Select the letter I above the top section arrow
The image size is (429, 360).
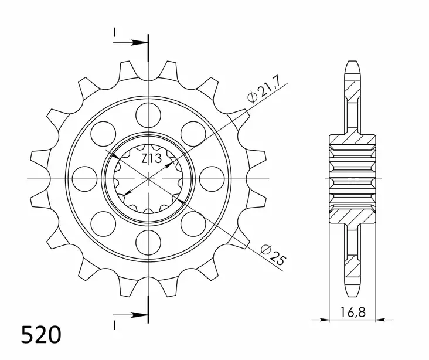click(x=115, y=30)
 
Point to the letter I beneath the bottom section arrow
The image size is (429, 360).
click(x=115, y=326)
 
